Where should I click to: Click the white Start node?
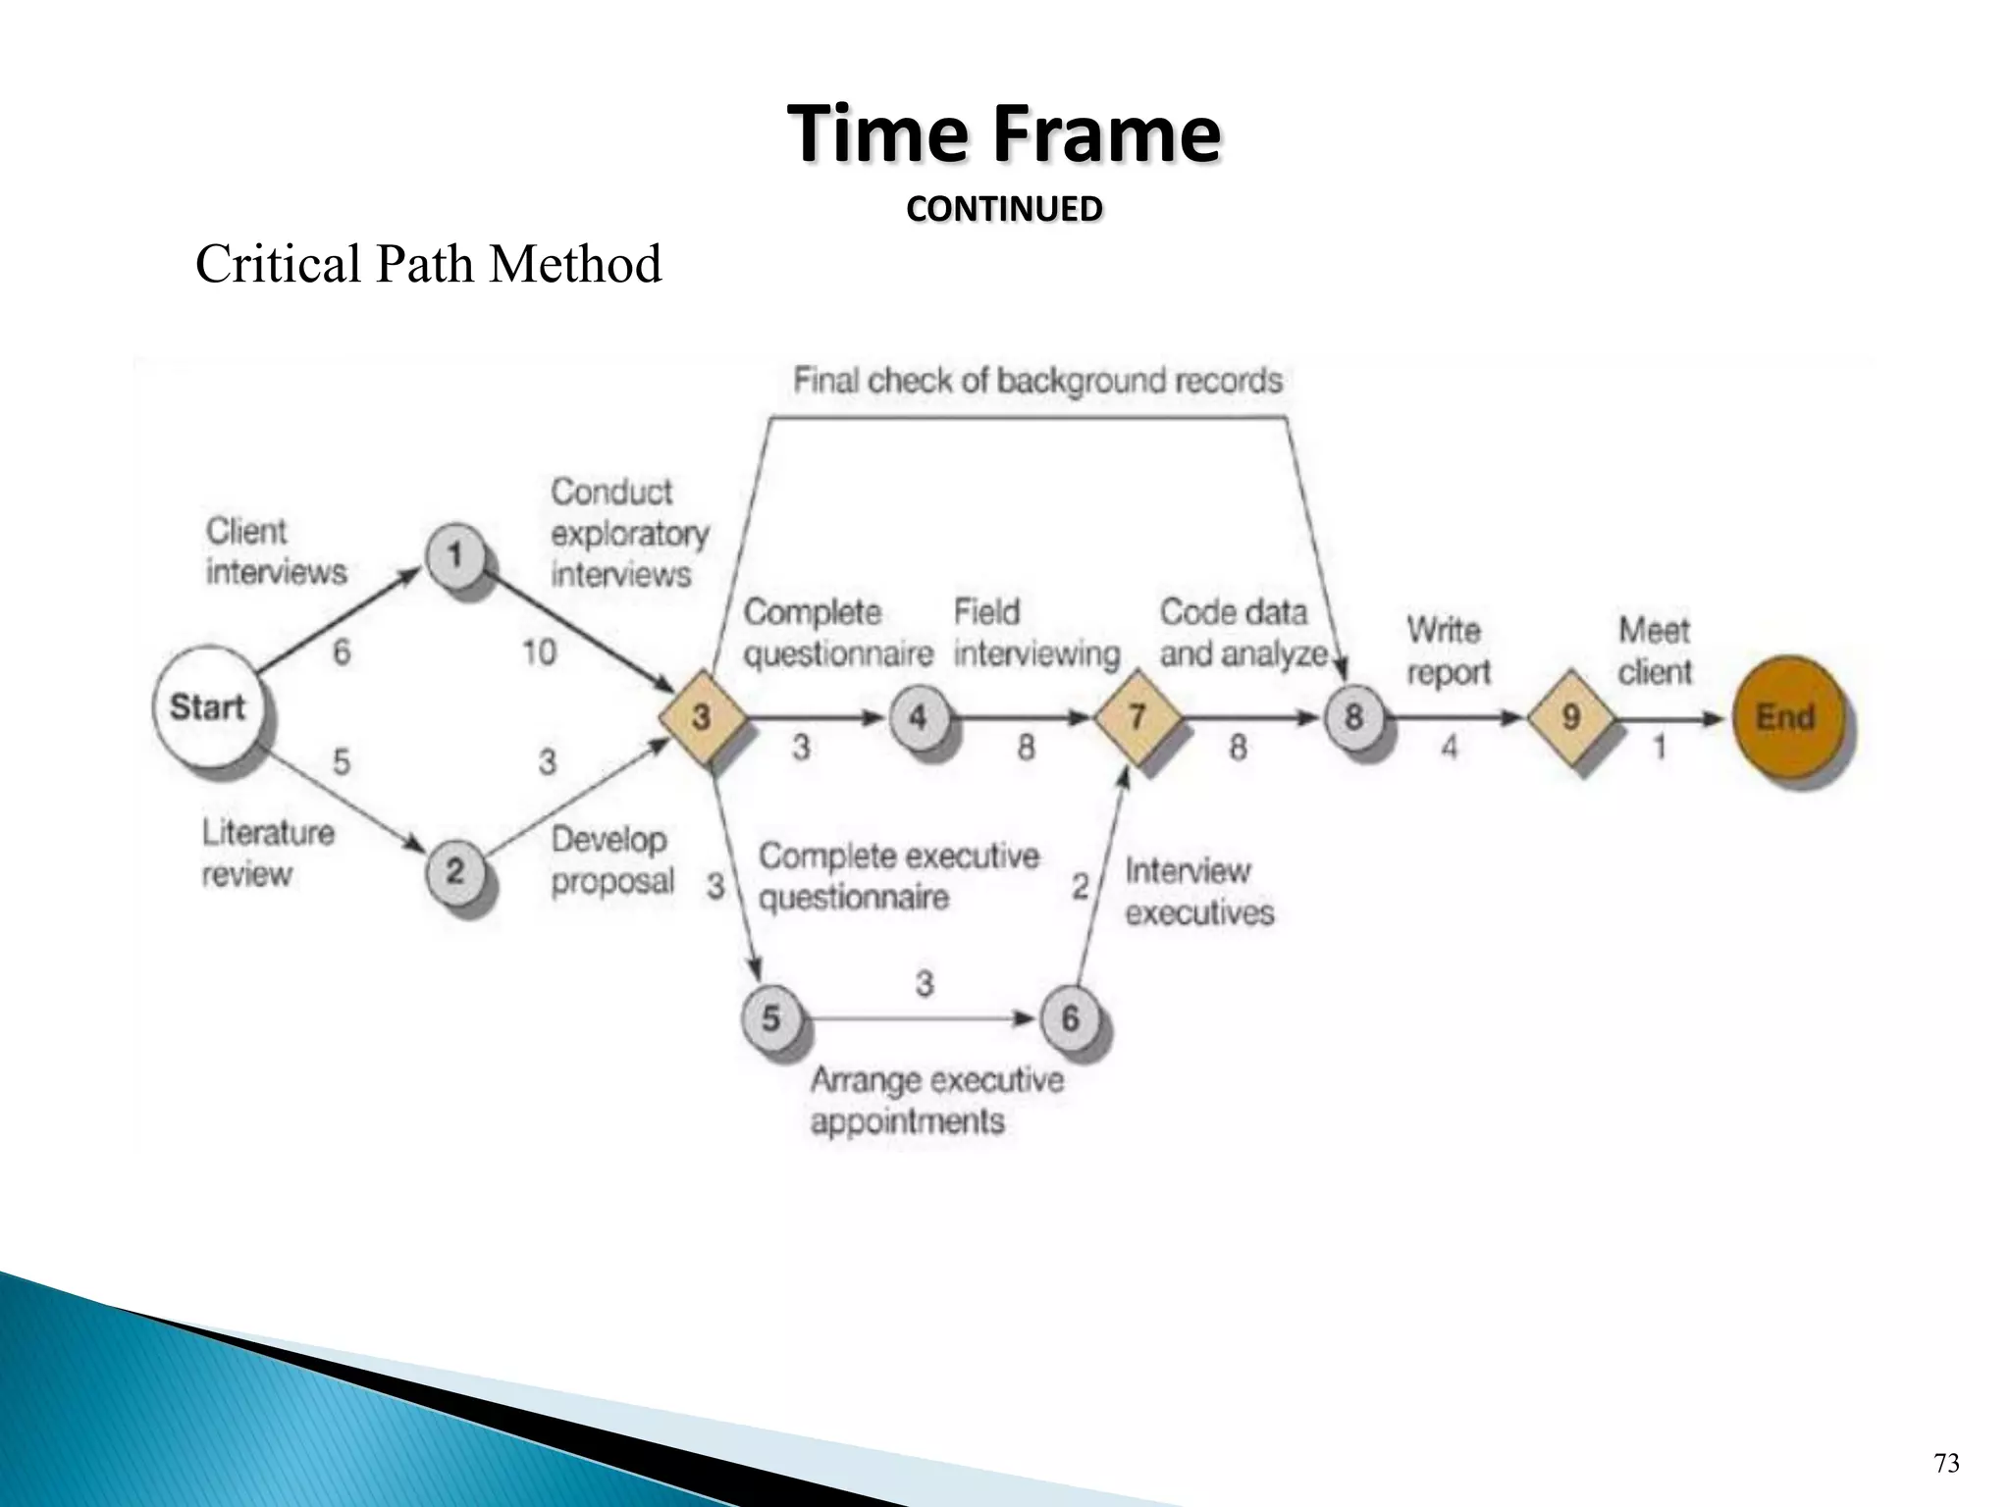pyautogui.click(x=208, y=705)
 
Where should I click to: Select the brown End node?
pyautogui.click(x=1785, y=716)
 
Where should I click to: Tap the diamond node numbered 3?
pyautogui.click(x=702, y=716)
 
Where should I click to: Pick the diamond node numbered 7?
pyautogui.click(x=1137, y=716)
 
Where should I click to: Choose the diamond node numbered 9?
pyautogui.click(x=1570, y=716)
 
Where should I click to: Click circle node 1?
pyautogui.click(x=454, y=555)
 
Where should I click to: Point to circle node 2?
pyautogui.click(x=454, y=869)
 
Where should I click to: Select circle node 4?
pyautogui.click(x=918, y=716)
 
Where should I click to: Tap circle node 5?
pyautogui.click(x=770, y=1017)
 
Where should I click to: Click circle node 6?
pyautogui.click(x=1070, y=1017)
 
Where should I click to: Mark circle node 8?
pyautogui.click(x=1353, y=716)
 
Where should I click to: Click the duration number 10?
pyautogui.click(x=539, y=651)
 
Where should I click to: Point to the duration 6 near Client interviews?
pyautogui.click(x=341, y=651)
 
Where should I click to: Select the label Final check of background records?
pyautogui.click(x=1037, y=381)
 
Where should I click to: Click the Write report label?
pyautogui.click(x=1448, y=650)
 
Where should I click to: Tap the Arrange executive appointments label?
pyautogui.click(x=936, y=1100)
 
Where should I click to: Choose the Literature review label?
pyautogui.click(x=267, y=853)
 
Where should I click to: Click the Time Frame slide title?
pyautogui.click(x=1004, y=134)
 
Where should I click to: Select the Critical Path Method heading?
pyautogui.click(x=428, y=264)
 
